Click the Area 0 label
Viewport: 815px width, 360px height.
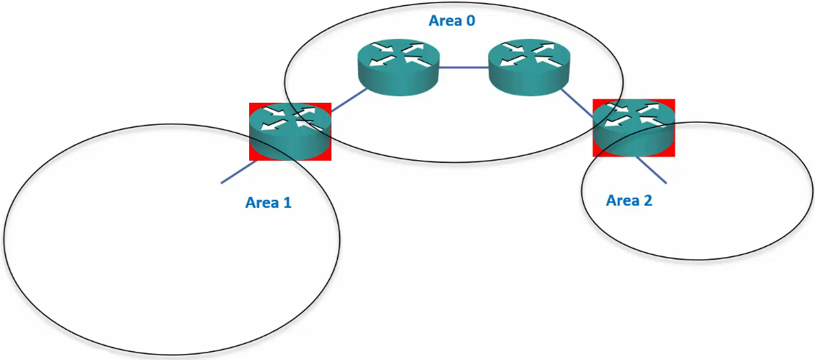(x=452, y=20)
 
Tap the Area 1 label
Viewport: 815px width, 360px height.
(x=268, y=202)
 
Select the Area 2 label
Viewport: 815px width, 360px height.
(x=629, y=199)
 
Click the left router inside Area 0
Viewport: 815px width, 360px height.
(x=399, y=67)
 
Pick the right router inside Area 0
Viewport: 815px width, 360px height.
(x=529, y=67)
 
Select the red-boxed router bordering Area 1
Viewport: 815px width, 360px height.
(x=290, y=131)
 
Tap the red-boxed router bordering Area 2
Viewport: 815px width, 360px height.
(x=633, y=127)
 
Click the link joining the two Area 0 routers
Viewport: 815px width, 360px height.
(x=464, y=68)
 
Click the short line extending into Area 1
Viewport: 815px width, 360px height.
(x=237, y=173)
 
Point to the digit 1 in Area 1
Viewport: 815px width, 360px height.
(x=287, y=202)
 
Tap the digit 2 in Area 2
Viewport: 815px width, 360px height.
(x=647, y=199)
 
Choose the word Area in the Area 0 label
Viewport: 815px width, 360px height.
(x=444, y=20)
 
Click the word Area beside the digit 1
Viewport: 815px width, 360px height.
(x=260, y=202)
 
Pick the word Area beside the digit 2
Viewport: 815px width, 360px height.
(x=621, y=199)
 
